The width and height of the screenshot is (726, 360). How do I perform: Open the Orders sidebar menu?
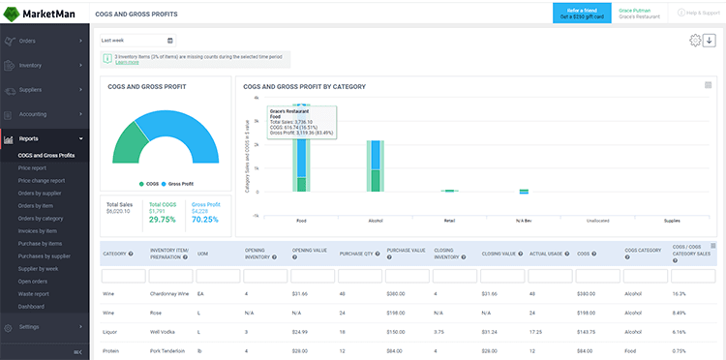pyautogui.click(x=29, y=42)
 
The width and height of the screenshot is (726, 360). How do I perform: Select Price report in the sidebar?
pyautogui.click(x=32, y=167)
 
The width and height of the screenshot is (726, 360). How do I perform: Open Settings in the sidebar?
pyautogui.click(x=29, y=327)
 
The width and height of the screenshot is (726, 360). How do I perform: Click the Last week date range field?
pyautogui.click(x=137, y=41)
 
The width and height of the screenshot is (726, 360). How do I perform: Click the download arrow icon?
pyautogui.click(x=709, y=41)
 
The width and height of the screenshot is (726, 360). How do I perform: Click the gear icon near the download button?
pyautogui.click(x=694, y=41)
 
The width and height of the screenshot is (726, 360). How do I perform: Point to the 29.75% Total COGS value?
pyautogui.click(x=162, y=220)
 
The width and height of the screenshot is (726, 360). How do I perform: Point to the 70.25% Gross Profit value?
pyautogui.click(x=206, y=220)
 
